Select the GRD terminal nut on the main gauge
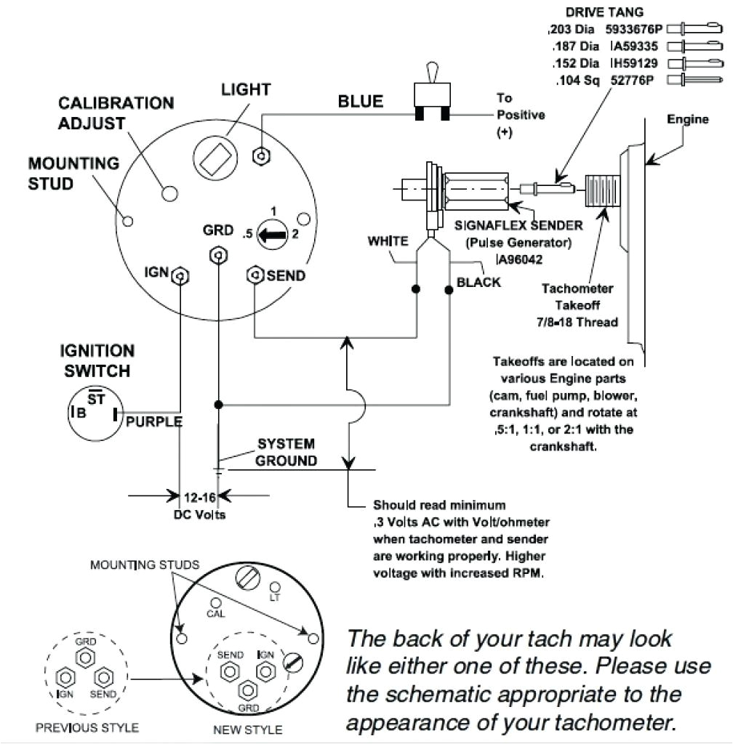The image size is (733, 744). point(216,256)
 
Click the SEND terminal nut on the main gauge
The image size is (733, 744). point(255,275)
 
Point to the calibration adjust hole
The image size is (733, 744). point(169,193)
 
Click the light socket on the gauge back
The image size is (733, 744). point(216,158)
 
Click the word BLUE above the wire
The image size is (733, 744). point(360,102)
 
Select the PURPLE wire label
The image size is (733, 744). point(153,422)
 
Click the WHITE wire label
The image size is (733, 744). point(388,241)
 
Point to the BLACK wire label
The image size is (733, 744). point(478,282)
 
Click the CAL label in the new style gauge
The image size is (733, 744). point(216,612)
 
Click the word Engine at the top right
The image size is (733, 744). point(688,119)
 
